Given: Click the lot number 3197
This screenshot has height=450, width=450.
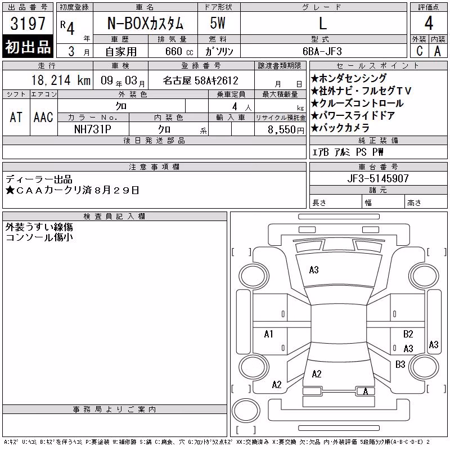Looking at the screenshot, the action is [28, 24].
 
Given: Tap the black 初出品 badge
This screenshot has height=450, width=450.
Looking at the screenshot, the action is [28, 47].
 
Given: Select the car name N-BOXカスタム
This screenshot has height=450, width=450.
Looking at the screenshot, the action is [145, 23].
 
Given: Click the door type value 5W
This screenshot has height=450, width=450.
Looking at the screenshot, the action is [218, 23].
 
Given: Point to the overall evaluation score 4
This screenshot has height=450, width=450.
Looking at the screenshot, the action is [429, 23].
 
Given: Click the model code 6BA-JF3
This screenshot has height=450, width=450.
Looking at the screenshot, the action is [322, 51].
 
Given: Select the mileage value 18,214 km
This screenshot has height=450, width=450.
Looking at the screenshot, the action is [61, 80].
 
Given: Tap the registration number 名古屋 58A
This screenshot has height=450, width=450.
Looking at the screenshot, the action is [201, 80].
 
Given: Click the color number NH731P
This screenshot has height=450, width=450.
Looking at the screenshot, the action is [92, 129].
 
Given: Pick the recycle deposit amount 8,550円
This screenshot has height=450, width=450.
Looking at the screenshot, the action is [286, 130].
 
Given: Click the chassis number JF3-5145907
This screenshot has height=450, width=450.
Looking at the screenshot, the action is [378, 178].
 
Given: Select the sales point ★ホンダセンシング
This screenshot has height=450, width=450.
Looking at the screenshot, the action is [349, 78].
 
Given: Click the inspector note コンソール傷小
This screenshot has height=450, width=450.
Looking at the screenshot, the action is [39, 237].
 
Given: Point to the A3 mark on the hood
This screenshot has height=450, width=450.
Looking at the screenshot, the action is [314, 270].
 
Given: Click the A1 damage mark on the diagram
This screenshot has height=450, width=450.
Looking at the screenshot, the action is [269, 334].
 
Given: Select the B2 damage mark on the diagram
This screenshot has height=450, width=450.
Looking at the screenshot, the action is [408, 334].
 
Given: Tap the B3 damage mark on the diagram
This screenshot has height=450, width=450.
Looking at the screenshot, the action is [400, 364].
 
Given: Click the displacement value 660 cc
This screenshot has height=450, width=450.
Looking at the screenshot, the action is [179, 52].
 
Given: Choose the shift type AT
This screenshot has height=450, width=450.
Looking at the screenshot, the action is [16, 117].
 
